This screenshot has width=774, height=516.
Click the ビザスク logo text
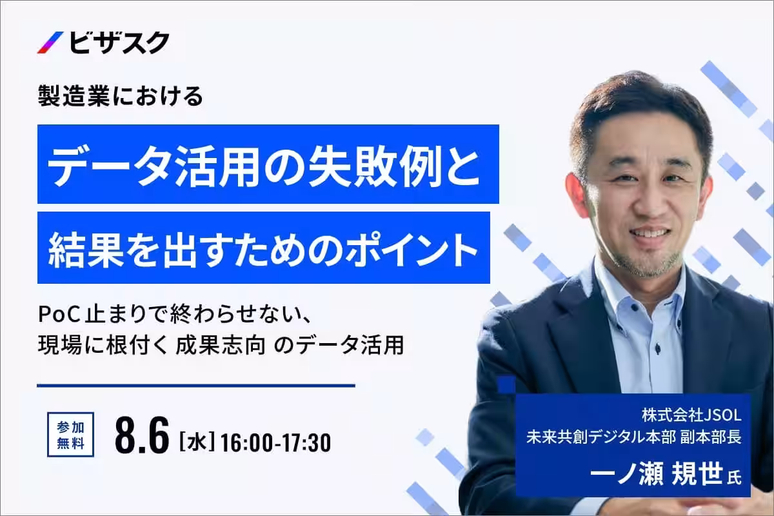(119, 43)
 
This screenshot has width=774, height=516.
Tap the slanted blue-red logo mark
(50, 43)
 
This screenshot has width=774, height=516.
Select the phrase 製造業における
(120, 95)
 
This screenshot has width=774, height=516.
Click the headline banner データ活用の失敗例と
(268, 164)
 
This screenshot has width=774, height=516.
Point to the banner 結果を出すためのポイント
(264, 248)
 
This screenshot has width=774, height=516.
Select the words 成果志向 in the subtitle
(221, 345)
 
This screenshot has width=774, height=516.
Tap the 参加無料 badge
(70, 435)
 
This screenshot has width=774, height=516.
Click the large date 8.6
(142, 435)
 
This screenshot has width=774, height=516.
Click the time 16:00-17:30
(275, 442)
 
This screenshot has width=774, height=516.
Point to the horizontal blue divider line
(196, 385)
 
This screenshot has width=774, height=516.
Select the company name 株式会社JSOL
(691, 415)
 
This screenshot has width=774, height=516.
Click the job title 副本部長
(711, 437)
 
